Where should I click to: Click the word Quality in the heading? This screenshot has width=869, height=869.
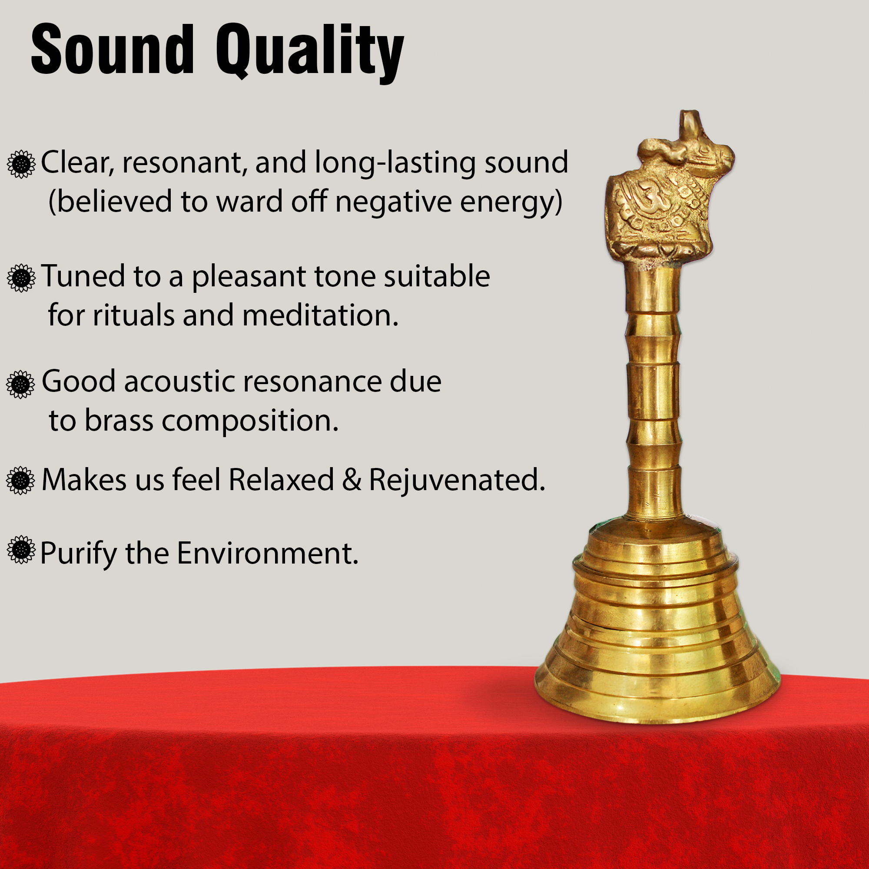[310, 53]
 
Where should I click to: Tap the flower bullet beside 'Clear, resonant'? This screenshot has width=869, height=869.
[21, 164]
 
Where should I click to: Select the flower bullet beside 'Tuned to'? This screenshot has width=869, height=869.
[21, 278]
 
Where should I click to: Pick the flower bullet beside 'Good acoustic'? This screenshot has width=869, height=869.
[20, 384]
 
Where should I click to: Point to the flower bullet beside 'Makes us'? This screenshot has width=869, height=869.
[20, 481]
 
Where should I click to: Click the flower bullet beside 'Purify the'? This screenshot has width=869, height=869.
[21, 550]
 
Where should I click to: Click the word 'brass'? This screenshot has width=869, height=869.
[119, 421]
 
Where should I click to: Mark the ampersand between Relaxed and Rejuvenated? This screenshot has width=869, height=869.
[351, 480]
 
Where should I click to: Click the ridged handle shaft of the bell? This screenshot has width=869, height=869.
[653, 396]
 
